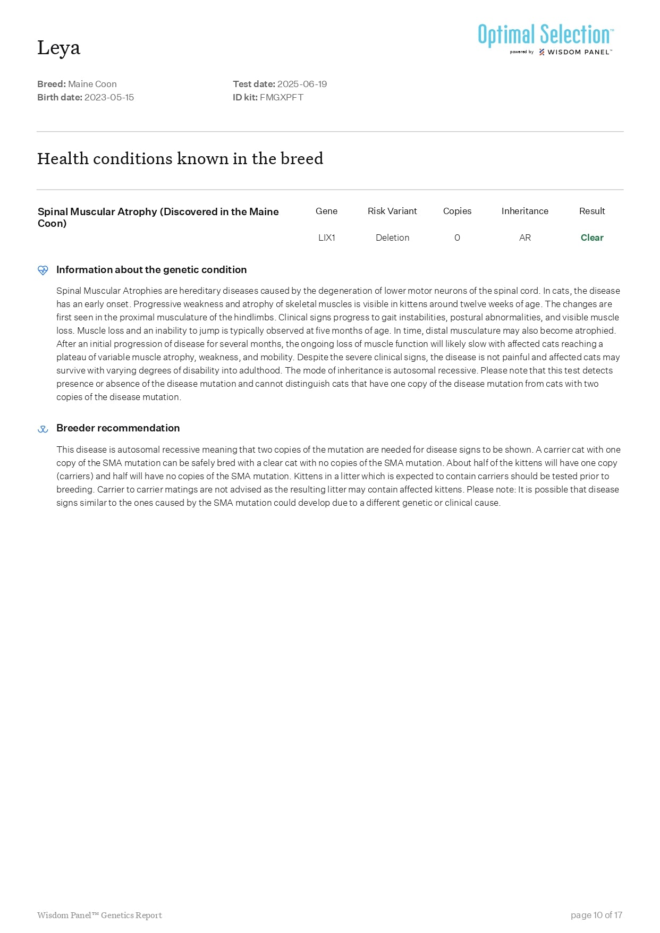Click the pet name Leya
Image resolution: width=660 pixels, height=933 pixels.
[58, 48]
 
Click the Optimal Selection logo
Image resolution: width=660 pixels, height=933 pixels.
[545, 35]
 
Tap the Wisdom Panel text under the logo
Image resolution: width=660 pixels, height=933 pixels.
[579, 52]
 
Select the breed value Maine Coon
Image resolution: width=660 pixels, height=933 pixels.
[92, 84]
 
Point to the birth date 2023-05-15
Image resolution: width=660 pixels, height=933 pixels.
[109, 97]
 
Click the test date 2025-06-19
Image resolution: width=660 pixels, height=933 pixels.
[302, 84]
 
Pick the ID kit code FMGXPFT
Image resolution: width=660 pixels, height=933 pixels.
[281, 97]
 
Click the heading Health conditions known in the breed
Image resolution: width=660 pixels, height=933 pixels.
[180, 158]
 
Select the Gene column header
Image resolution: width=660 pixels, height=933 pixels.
[326, 211]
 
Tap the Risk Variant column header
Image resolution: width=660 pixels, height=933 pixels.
[392, 211]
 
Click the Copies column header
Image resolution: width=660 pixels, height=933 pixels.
[457, 211]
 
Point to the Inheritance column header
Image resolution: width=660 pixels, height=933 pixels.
[524, 211]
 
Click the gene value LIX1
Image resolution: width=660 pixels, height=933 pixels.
[326, 238]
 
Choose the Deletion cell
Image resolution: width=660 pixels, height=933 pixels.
[392, 238]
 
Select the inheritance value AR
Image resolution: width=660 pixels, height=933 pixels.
[524, 238]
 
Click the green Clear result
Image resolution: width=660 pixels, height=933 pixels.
[592, 238]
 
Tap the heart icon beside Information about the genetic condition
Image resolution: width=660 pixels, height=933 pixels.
[43, 270]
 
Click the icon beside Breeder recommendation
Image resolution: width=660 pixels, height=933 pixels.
[43, 429]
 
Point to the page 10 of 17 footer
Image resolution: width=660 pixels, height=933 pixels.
[596, 915]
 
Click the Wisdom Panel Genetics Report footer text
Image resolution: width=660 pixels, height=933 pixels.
[99, 915]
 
